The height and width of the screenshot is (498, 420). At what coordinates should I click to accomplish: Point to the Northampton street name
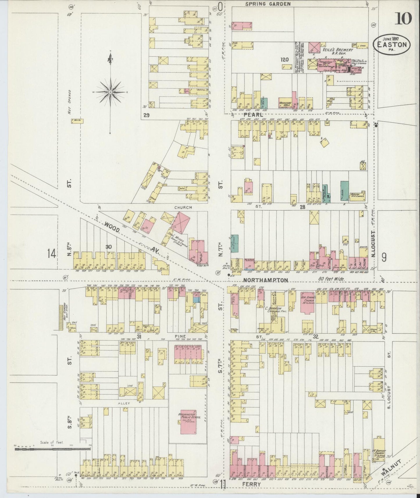coord(265,280)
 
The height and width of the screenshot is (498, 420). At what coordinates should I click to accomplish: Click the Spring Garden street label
coord(268,4)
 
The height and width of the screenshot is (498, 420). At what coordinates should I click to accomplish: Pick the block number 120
coord(284,60)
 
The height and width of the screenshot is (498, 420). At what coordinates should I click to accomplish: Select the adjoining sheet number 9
coord(384,257)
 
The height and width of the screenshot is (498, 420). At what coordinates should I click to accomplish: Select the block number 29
coord(146,115)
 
